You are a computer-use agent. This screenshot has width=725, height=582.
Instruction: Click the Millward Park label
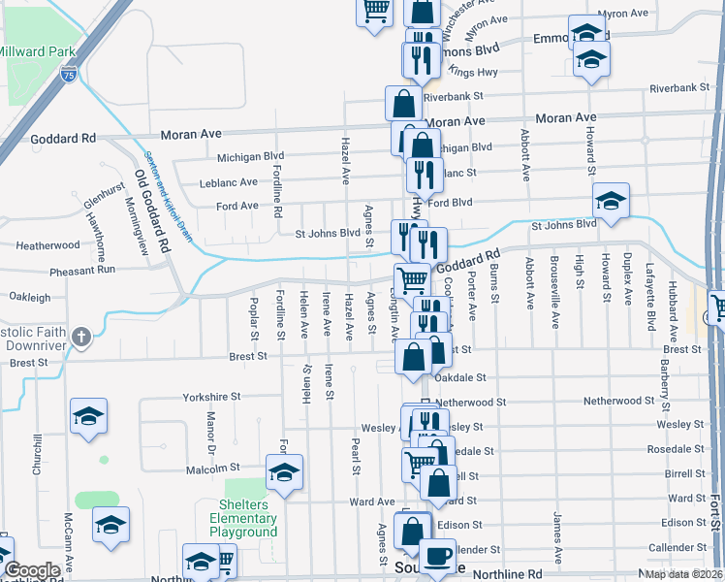pos(38,49)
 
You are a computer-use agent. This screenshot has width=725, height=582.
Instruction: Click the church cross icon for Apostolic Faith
pos(82,339)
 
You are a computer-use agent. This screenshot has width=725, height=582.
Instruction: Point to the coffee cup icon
pos(440,556)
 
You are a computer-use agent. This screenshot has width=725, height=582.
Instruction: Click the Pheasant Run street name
pos(82,269)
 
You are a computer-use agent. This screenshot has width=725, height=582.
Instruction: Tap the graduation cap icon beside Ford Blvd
pos(611,201)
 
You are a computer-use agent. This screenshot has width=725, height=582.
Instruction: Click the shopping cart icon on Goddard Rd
pos(413,279)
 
